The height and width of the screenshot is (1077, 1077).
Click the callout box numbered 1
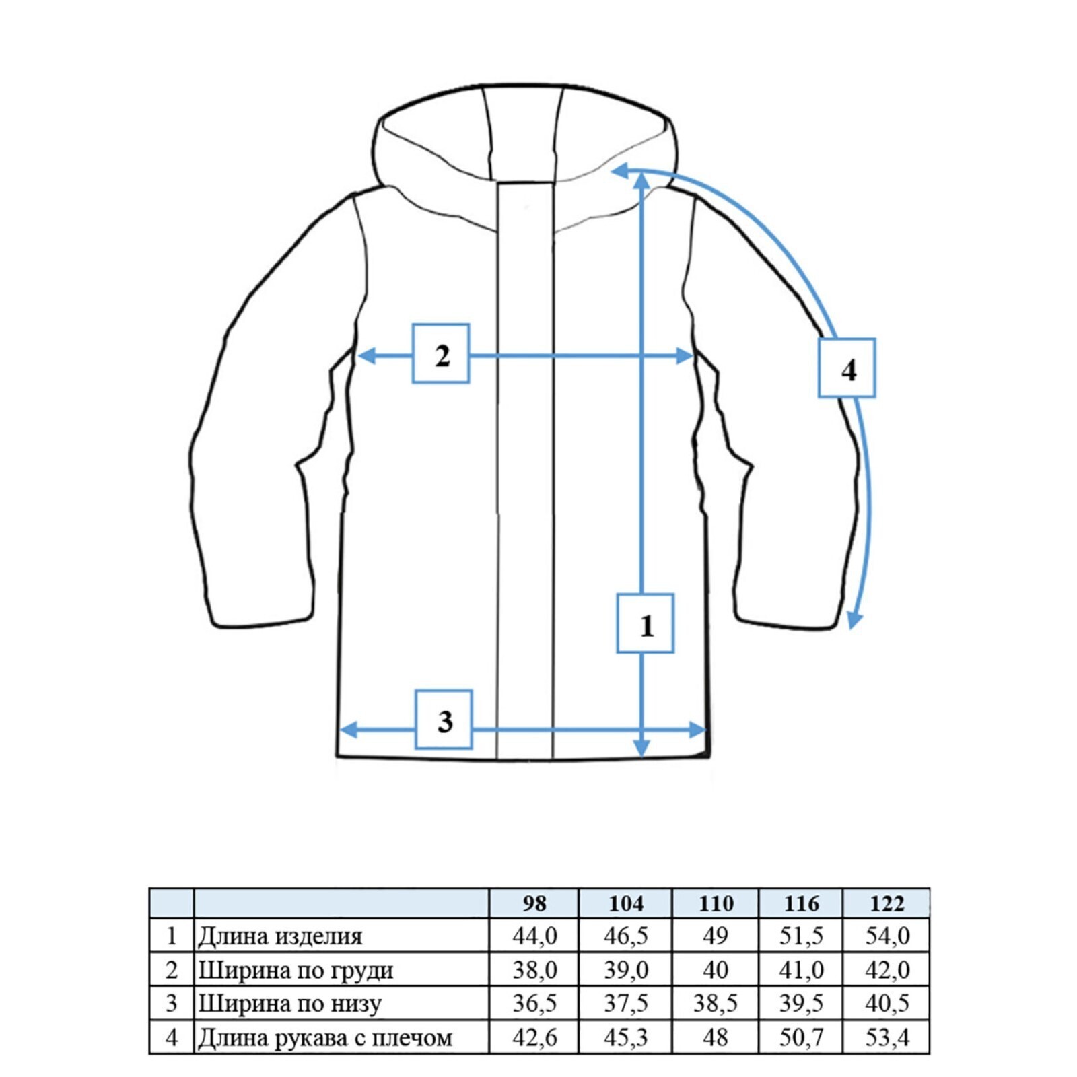(645, 623)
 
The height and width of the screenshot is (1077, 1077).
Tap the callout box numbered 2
(441, 354)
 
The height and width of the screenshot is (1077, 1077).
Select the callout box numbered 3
(444, 720)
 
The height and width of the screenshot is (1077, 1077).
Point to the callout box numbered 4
(847, 368)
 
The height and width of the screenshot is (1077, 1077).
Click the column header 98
(534, 903)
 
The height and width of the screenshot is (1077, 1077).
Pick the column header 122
(887, 903)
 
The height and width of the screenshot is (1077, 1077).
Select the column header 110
(715, 903)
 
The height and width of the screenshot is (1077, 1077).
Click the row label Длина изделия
(280, 936)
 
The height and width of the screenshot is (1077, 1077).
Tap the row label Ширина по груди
(296, 970)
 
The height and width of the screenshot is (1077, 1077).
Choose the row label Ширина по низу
(289, 1004)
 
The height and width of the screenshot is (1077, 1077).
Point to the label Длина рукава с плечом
(325, 1037)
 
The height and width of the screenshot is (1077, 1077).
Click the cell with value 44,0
(534, 936)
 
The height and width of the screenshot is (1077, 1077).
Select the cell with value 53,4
(887, 1037)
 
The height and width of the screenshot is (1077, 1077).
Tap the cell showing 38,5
(715, 1004)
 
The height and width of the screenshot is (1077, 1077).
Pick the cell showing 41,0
(801, 970)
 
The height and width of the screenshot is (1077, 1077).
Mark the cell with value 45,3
(625, 1037)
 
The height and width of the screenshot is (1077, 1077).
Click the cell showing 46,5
(625, 936)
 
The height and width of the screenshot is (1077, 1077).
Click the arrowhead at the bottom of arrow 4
(854, 621)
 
